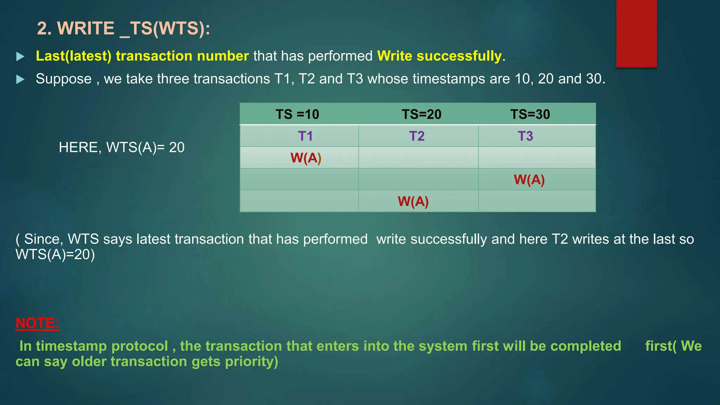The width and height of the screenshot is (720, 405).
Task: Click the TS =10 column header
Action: pos(297,114)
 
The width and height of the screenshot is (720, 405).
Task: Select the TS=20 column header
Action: pos(421,114)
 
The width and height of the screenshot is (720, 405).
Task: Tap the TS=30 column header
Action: pos(530,114)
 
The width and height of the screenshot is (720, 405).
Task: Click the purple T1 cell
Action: pos(305,136)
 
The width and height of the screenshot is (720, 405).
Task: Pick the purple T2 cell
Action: pos(417,136)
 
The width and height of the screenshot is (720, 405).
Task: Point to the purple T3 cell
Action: pos(525,136)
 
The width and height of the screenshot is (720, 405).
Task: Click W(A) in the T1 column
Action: pos(306,158)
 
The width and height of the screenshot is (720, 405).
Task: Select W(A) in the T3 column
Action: pos(529,180)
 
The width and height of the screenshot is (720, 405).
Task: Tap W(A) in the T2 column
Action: pos(413,201)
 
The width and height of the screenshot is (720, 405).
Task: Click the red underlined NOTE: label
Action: pos(37,323)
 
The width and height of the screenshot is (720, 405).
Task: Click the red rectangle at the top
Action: pos(636,33)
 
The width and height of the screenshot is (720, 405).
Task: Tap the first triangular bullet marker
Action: pos(20,56)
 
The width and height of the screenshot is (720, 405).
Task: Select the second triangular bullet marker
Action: pos(20,79)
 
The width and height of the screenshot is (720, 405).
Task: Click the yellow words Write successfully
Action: pos(439,56)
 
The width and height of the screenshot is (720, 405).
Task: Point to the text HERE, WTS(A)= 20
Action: pos(121,147)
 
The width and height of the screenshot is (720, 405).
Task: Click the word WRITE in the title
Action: pos(86,28)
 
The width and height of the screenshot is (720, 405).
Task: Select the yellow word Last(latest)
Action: pos(73,56)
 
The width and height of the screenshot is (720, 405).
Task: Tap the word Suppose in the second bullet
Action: pos(63,79)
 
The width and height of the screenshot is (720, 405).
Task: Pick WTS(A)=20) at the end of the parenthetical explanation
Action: pos(55,255)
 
